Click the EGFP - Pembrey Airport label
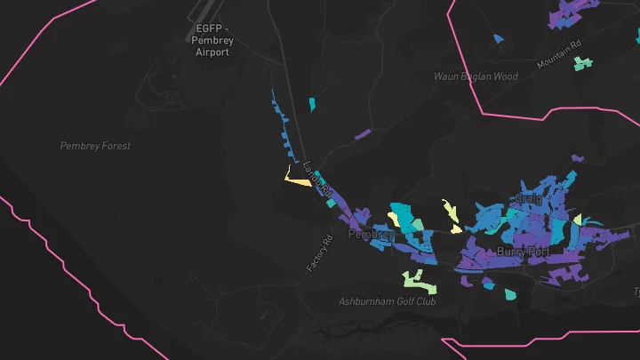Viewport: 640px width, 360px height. [x=212, y=40]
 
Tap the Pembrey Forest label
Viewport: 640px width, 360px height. [x=95, y=146]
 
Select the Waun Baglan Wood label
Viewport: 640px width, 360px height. [x=476, y=76]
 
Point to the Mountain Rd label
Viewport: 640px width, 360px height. [x=558, y=54]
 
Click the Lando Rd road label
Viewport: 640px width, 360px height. [x=316, y=178]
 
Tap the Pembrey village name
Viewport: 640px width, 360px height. [x=371, y=235]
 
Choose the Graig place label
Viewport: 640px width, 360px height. [x=528, y=199]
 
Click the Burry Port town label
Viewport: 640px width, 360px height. [x=523, y=252]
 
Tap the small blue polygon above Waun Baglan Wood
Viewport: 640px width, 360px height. [x=498, y=38]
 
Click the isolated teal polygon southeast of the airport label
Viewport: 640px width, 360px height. [x=312, y=105]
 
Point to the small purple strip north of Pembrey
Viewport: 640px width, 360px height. [x=363, y=134]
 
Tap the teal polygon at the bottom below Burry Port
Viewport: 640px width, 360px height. [x=509, y=294]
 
